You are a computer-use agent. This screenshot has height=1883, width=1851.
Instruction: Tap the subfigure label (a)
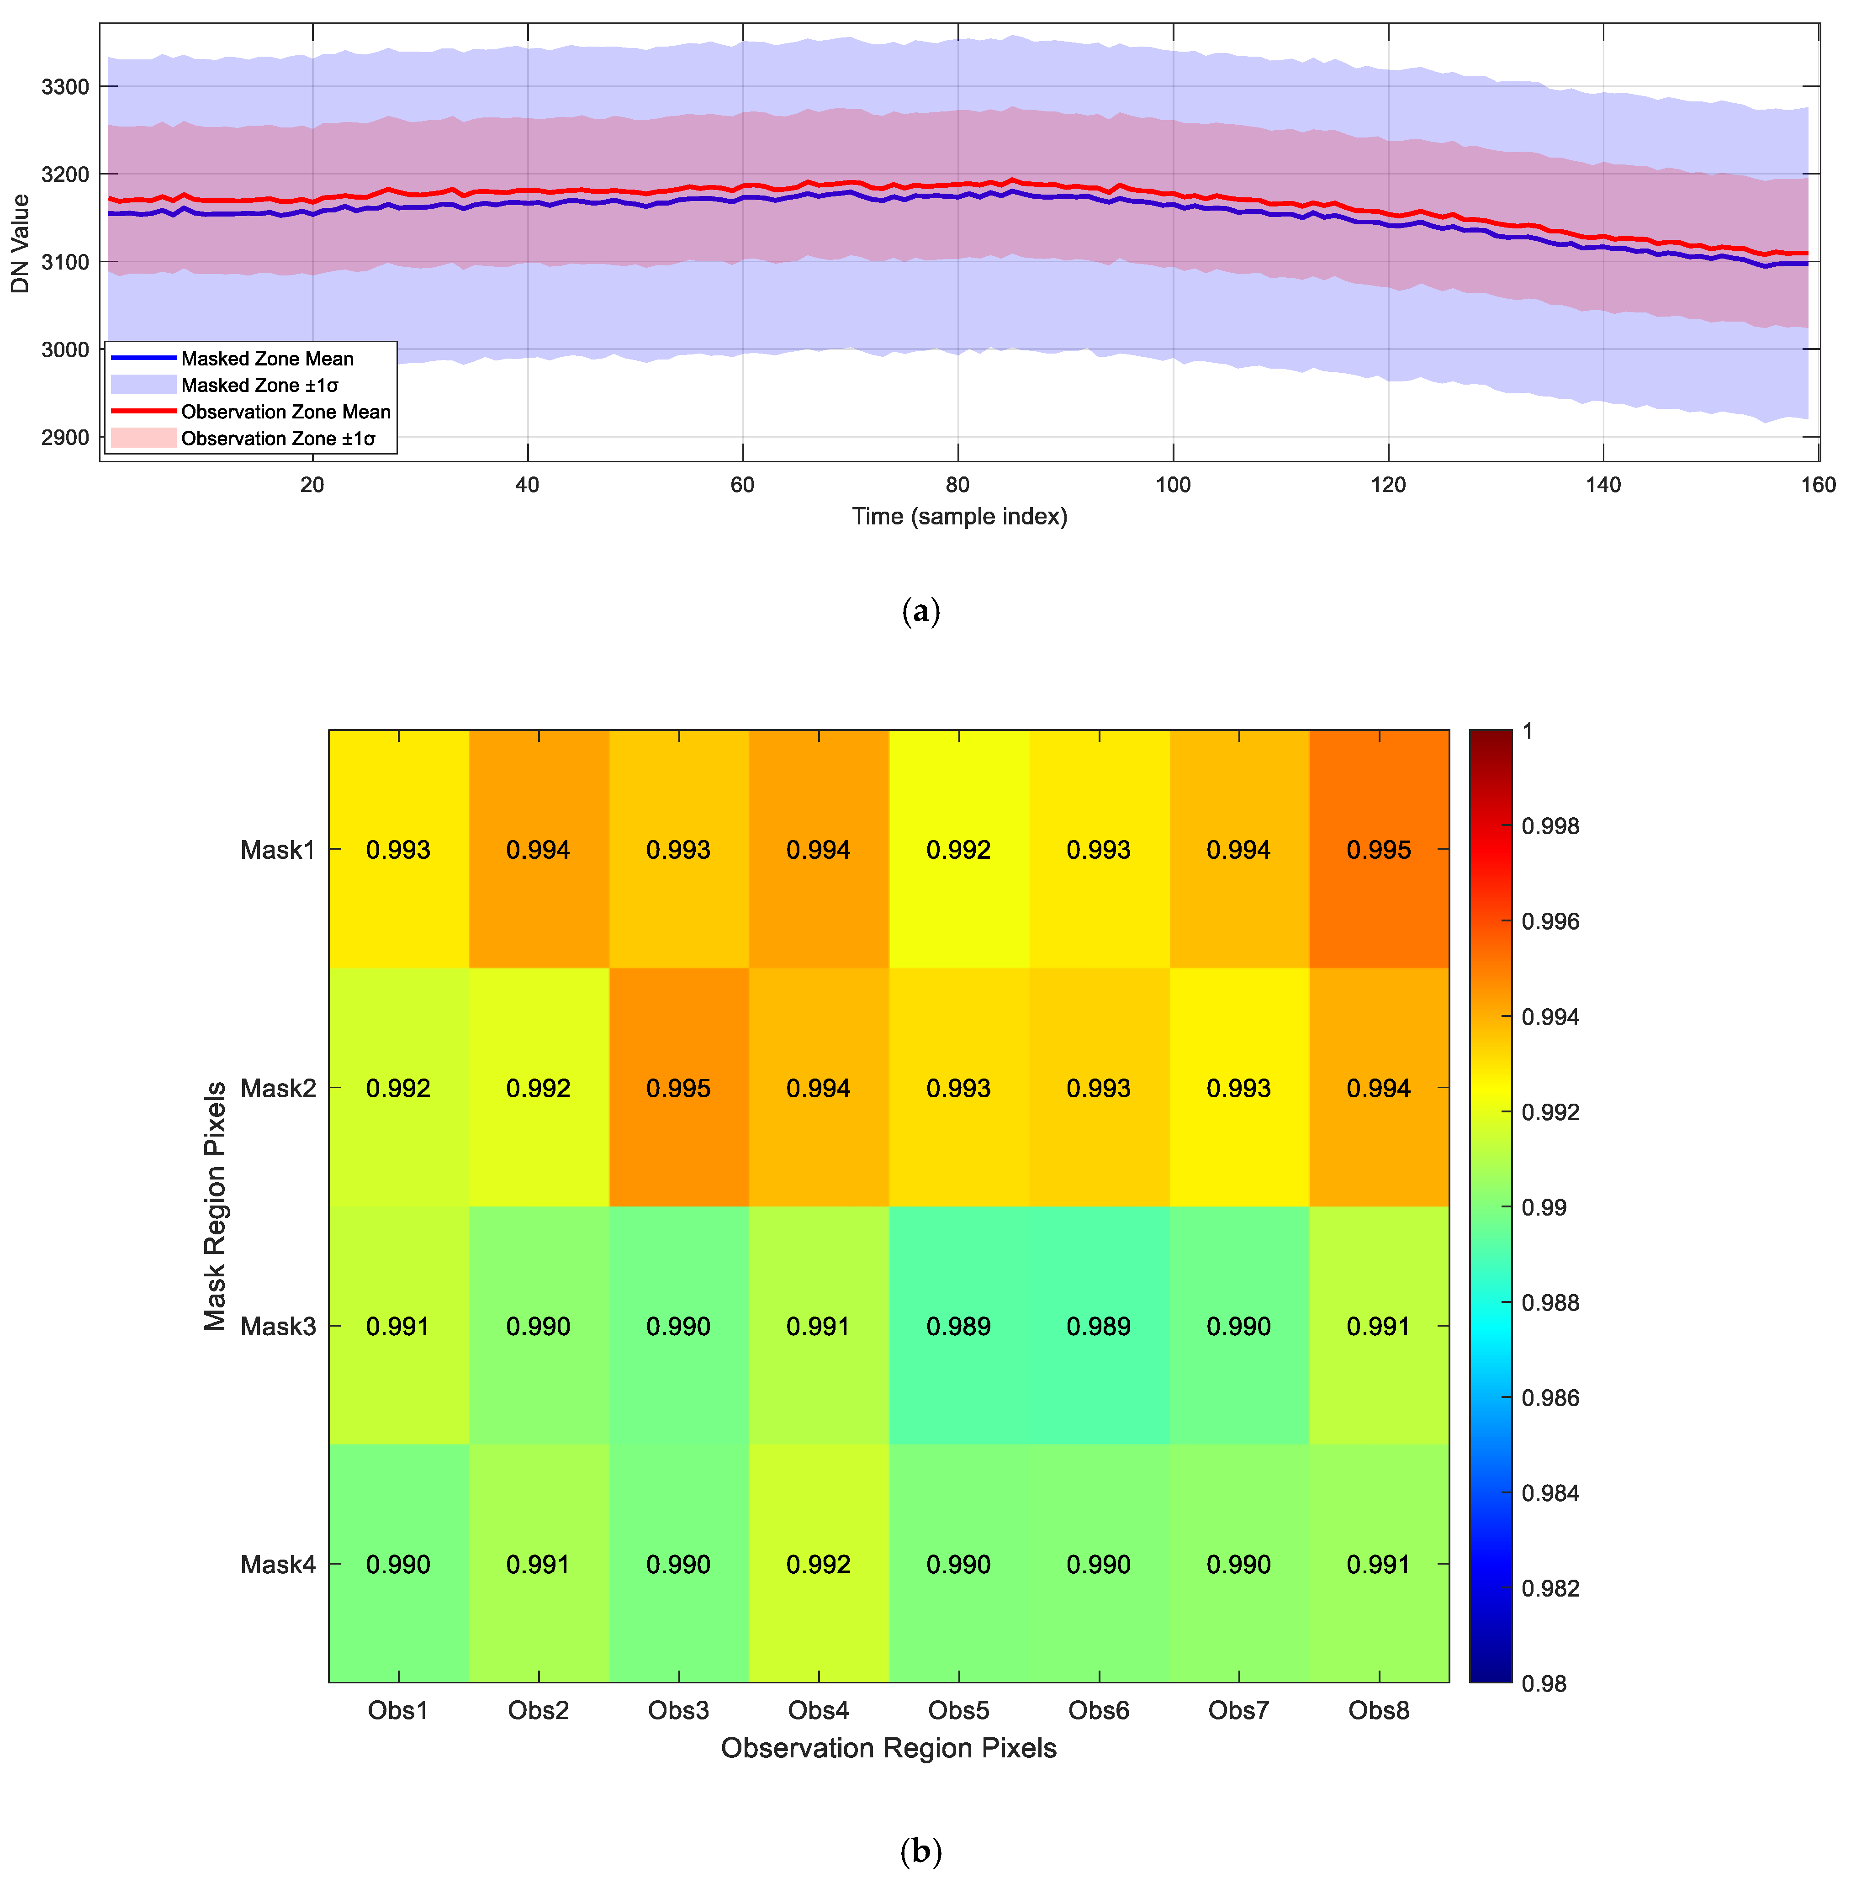(920, 612)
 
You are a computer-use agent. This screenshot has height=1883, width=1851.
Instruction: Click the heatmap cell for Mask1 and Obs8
(1379, 850)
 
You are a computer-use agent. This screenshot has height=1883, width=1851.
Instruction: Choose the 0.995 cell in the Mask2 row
(678, 1088)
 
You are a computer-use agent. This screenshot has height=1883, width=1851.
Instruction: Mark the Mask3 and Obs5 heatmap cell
(958, 1326)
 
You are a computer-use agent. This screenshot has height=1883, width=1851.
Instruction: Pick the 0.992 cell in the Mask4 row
(819, 1564)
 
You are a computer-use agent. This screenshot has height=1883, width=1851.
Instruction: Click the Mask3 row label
(278, 1326)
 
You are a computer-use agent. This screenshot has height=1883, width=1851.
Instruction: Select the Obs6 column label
(1099, 1710)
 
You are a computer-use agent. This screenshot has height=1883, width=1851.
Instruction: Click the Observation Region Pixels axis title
(888, 1748)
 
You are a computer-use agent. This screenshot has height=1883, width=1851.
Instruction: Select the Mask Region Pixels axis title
(215, 1206)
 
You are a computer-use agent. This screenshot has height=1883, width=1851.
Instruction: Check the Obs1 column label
(397, 1710)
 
